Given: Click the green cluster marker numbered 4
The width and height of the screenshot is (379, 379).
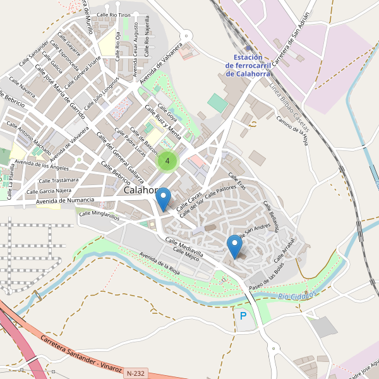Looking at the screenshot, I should coord(167,161).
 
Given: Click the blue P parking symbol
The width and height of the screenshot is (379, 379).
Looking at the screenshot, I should coord(243,315).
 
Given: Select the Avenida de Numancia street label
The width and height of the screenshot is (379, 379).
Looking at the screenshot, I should coord(65,200).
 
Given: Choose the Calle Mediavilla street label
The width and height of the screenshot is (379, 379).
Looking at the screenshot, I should coord(184,247).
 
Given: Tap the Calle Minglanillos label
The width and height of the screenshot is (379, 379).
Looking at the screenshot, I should coord(99,215).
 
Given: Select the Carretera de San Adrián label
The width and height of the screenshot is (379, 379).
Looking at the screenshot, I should coord(291,31).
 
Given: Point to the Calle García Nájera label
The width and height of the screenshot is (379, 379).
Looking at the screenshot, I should coord(49,191).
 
